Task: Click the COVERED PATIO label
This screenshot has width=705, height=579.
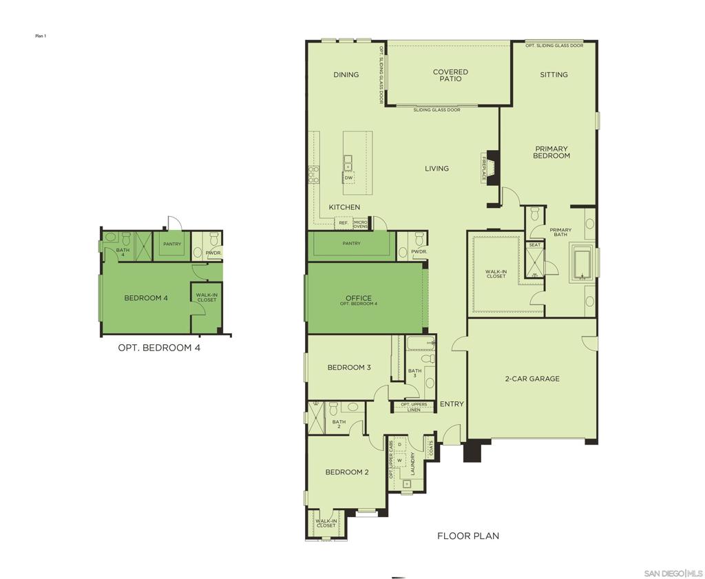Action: click(x=450, y=75)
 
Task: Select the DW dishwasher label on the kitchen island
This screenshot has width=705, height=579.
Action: click(x=348, y=178)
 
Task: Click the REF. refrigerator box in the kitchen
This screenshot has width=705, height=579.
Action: click(x=343, y=223)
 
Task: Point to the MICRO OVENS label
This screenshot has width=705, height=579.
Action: click(x=361, y=224)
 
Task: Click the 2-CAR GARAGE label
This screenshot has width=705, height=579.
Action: click(x=532, y=379)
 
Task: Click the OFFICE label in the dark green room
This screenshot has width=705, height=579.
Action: click(x=358, y=298)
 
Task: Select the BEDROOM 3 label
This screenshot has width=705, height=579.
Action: click(x=348, y=368)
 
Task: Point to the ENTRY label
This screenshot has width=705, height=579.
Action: click(x=452, y=404)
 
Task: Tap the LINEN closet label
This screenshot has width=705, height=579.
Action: click(x=413, y=410)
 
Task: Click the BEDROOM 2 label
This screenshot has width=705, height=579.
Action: click(x=347, y=472)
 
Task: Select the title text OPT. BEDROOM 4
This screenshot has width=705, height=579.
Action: click(x=159, y=348)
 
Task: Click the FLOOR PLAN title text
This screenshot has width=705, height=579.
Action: click(x=468, y=536)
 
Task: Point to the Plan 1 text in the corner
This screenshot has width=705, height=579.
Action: click(x=41, y=36)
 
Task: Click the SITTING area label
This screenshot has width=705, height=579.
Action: click(x=554, y=74)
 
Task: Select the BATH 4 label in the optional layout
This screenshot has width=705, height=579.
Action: click(x=123, y=253)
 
